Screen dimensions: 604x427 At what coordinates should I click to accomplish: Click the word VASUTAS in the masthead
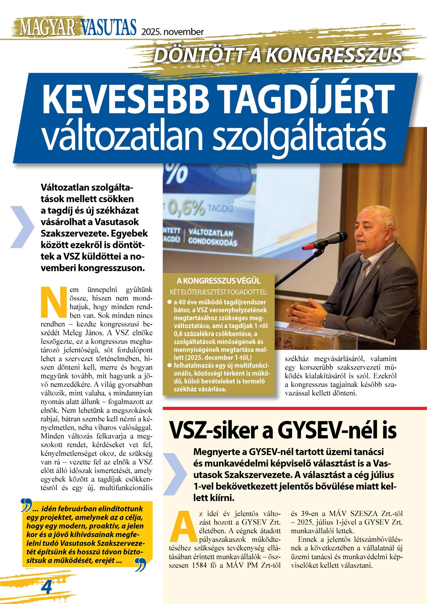(x=108, y=27)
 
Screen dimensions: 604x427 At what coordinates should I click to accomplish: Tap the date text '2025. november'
(x=173, y=32)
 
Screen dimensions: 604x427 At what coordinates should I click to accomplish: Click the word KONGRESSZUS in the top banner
(x=335, y=55)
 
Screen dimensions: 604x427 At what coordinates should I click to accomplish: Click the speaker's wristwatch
(x=324, y=322)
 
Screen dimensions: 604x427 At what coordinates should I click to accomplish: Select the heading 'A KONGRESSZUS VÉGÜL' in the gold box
(x=218, y=281)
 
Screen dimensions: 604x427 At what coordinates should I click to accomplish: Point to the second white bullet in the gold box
(x=170, y=365)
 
